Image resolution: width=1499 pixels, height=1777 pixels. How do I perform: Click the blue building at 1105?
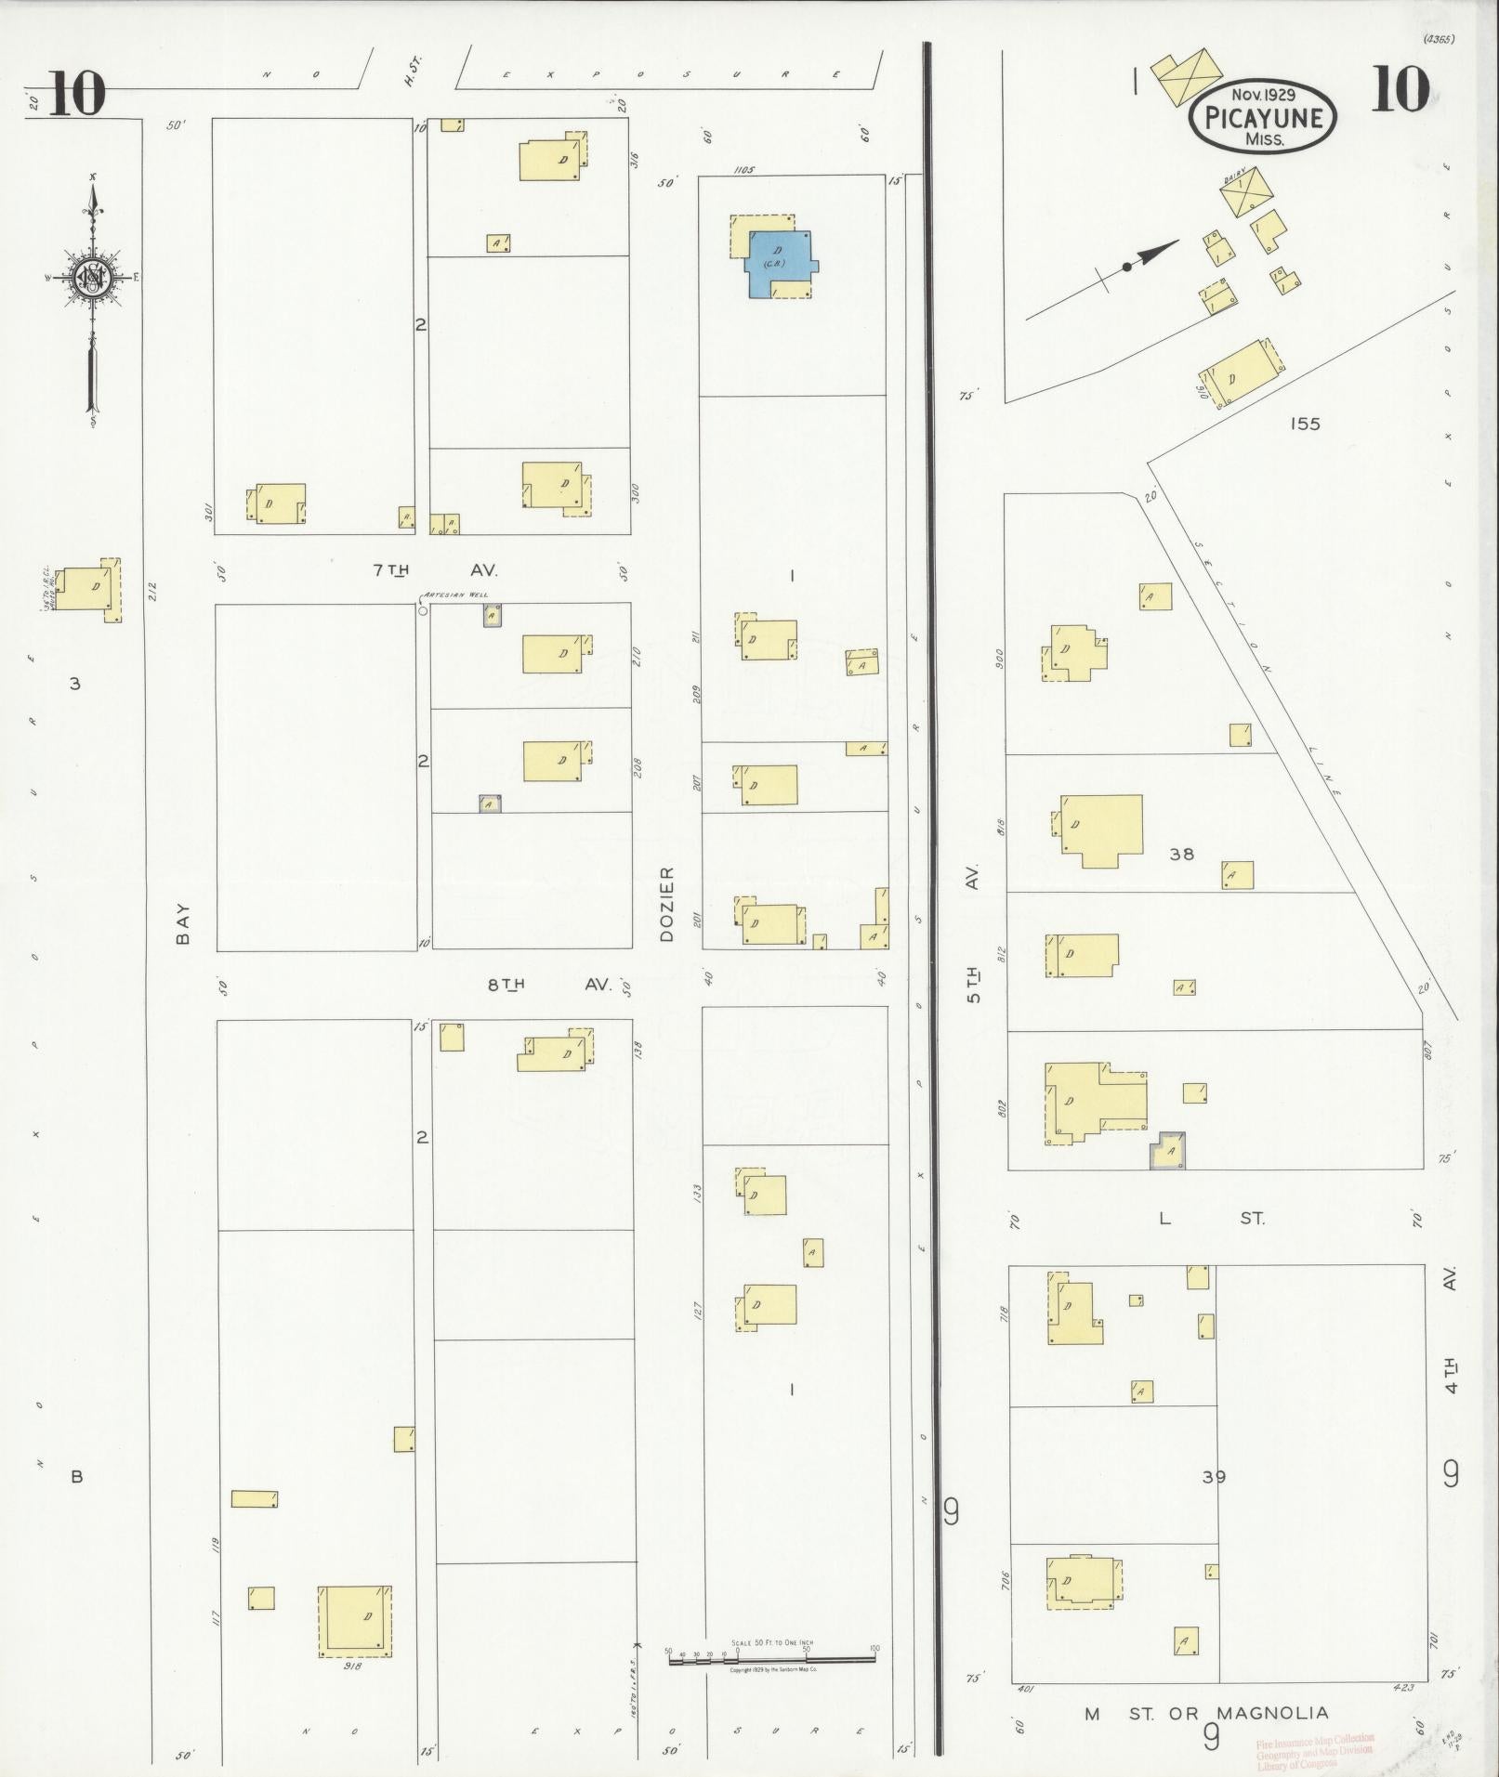pos(779,263)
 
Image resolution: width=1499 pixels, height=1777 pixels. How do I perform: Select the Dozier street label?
pos(666,905)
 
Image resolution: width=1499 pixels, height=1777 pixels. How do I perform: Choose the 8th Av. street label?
pos(549,985)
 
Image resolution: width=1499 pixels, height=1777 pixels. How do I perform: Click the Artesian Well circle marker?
pos(423,610)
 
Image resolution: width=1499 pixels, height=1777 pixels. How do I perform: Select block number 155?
pos(1305,424)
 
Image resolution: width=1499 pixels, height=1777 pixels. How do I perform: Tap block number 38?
pos(1181,854)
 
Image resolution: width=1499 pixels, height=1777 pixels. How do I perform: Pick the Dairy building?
pos(1244,190)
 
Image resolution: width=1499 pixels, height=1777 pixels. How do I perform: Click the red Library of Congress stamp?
pos(1313,1750)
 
